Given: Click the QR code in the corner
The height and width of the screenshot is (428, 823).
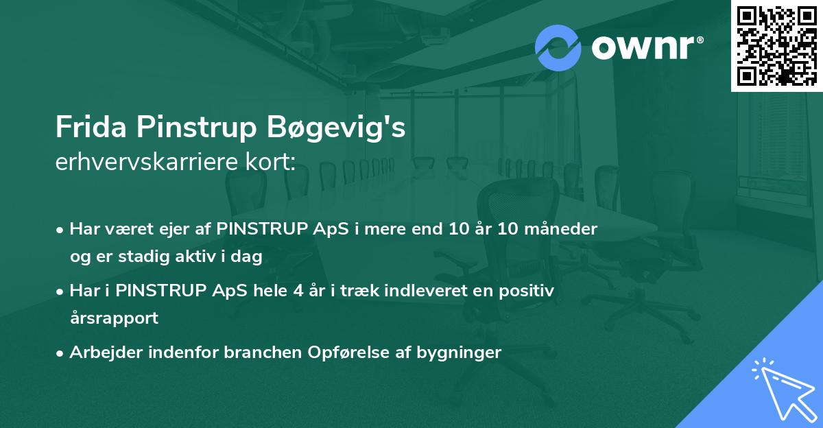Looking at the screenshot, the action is tap(776, 46).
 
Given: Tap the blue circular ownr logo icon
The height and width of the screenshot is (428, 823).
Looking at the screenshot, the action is tap(558, 48).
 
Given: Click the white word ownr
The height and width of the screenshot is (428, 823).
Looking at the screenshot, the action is tap(643, 48).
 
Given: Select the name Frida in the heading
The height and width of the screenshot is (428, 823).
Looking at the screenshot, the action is tap(91, 127).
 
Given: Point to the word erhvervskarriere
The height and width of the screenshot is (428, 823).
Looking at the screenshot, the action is tap(147, 162).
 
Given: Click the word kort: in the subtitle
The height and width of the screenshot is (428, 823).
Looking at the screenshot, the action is tap(270, 162).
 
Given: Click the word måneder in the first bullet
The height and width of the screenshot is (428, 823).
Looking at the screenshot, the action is tap(561, 229).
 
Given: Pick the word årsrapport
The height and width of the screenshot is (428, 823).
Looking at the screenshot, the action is tap(114, 318).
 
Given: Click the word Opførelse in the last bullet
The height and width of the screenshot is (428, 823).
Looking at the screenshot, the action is tap(348, 353).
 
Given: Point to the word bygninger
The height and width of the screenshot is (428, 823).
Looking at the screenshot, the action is tap(459, 353).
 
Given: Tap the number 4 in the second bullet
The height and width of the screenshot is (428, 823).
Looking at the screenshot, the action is tap(298, 291).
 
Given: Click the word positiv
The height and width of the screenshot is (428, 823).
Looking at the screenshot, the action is tap(526, 292).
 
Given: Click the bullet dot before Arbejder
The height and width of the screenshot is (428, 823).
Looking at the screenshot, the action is tap(59, 354).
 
